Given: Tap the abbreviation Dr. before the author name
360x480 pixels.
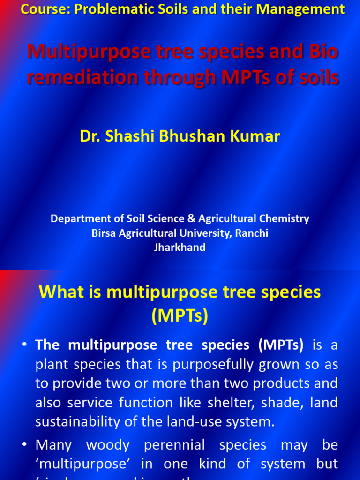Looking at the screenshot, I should tap(89, 136).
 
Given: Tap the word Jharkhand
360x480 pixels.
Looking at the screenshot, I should tap(180, 247).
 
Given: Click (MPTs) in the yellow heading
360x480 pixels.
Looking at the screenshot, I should tap(180, 316).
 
